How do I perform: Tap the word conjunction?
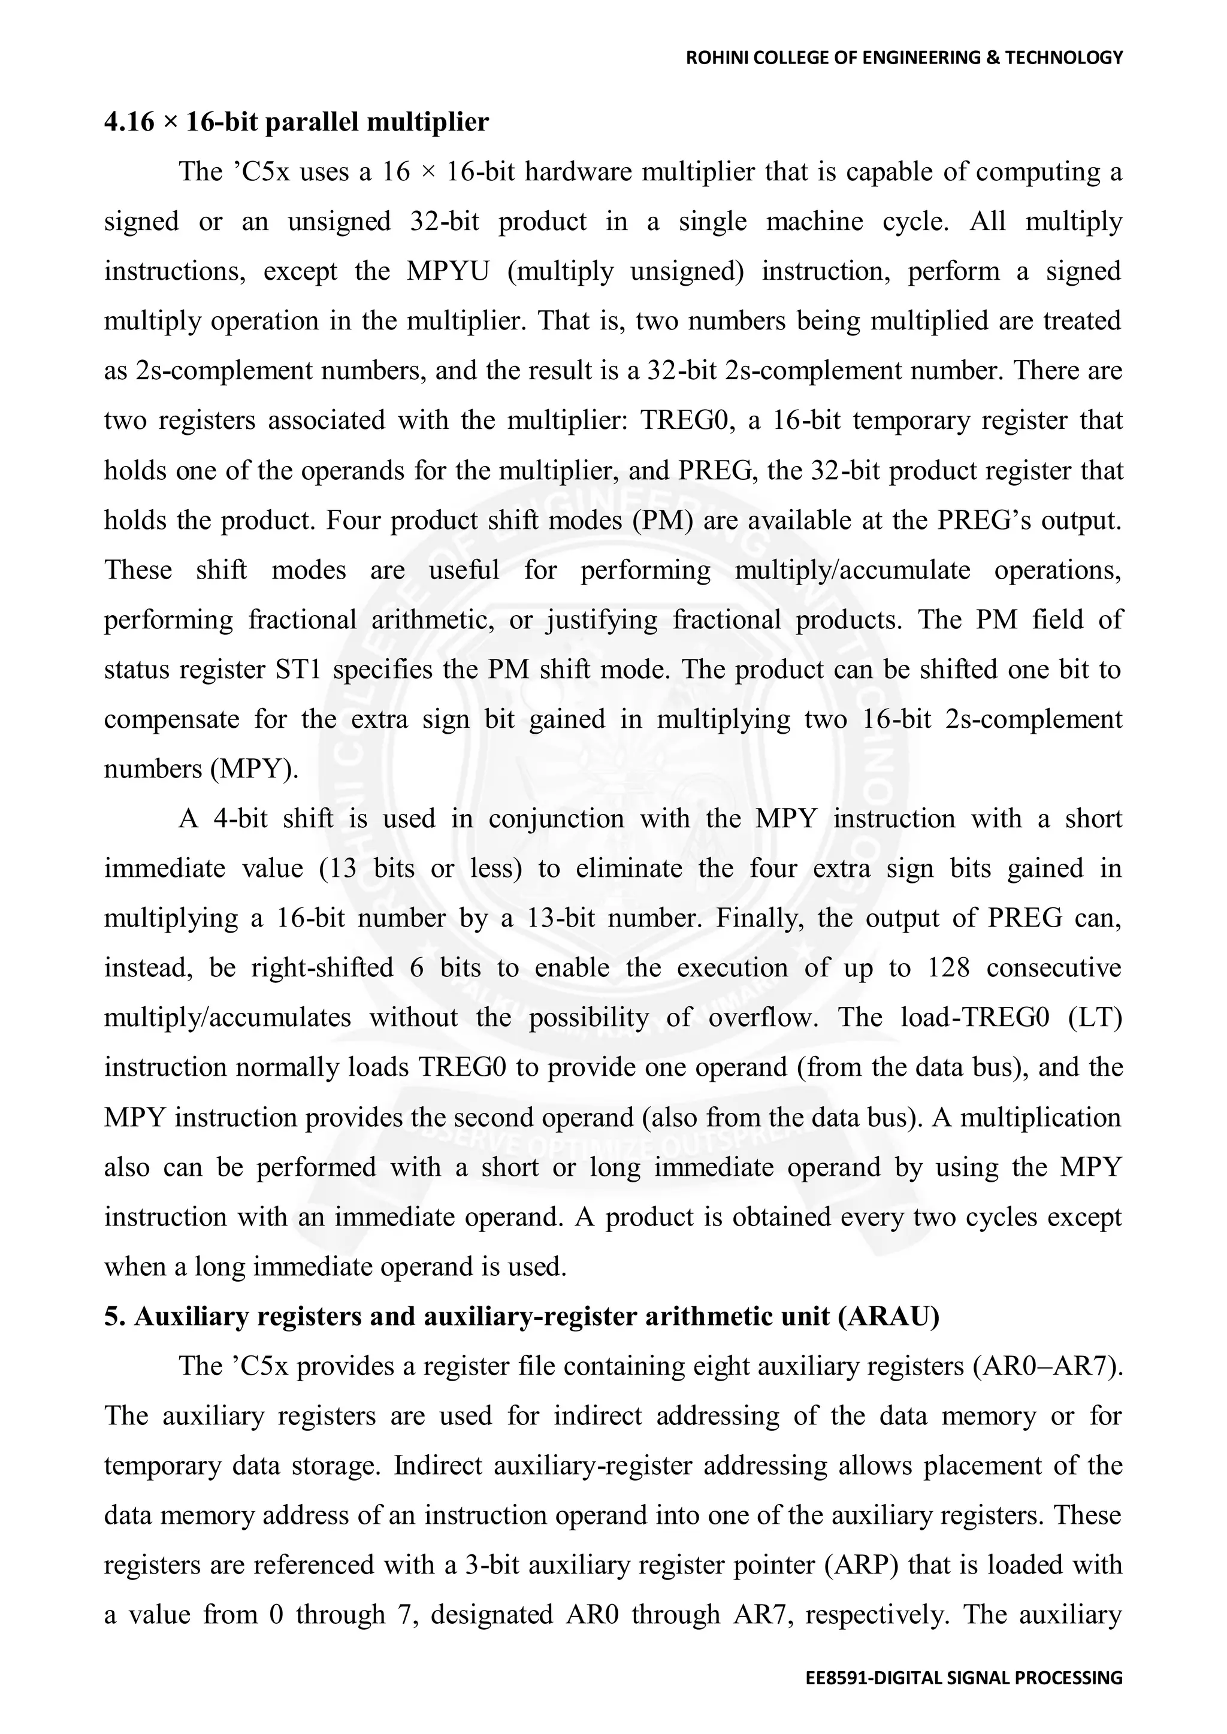click(556, 819)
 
